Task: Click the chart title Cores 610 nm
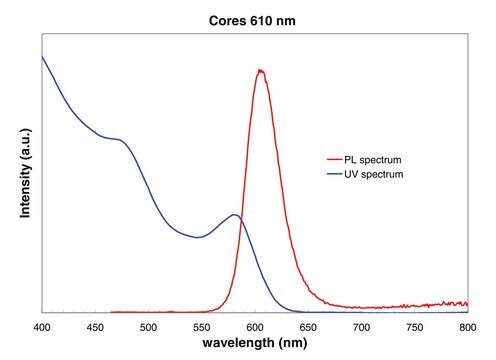252,21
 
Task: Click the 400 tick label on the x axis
42,327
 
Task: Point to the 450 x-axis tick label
95,327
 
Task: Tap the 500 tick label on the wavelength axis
148,327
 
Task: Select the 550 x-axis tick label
202,327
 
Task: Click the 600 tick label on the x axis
255,327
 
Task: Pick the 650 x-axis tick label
308,327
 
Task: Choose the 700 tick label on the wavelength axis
362,327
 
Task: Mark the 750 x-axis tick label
415,327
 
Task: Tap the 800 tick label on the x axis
468,327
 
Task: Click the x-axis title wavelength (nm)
255,343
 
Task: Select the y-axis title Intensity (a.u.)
25,173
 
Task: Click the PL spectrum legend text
373,160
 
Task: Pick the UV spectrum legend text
374,174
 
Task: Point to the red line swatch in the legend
334,160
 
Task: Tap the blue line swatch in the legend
334,174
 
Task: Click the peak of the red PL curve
261,70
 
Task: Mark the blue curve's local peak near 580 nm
235,215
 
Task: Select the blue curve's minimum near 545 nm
197,237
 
